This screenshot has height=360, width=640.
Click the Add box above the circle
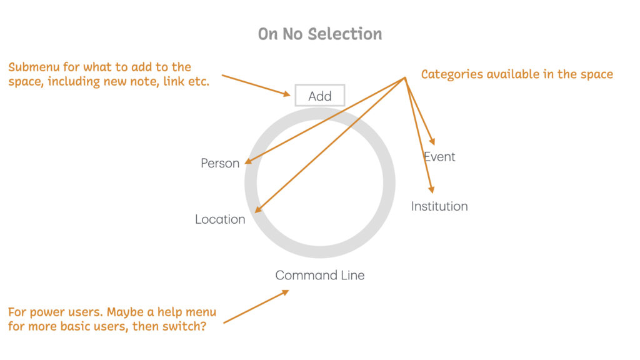point(319,96)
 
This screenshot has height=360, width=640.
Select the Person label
point(220,164)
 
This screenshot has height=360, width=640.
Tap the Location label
point(220,219)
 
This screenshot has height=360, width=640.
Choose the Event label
point(440,157)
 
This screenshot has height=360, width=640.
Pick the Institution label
point(439,206)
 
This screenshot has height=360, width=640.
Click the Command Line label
point(320,275)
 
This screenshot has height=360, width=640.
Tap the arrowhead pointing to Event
point(432,141)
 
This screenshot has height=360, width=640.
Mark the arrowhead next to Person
point(247,163)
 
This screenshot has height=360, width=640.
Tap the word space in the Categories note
point(596,74)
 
